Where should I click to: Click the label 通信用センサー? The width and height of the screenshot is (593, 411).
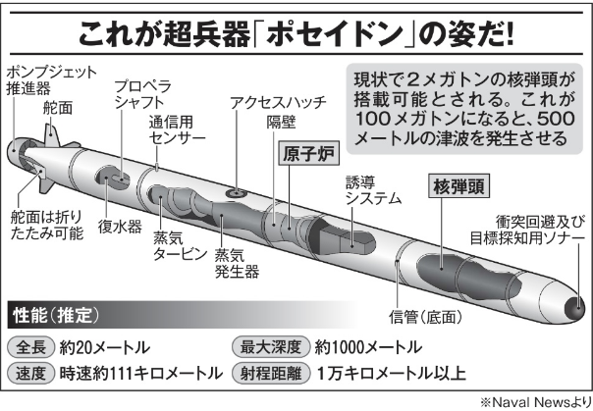click(x=177, y=132)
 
